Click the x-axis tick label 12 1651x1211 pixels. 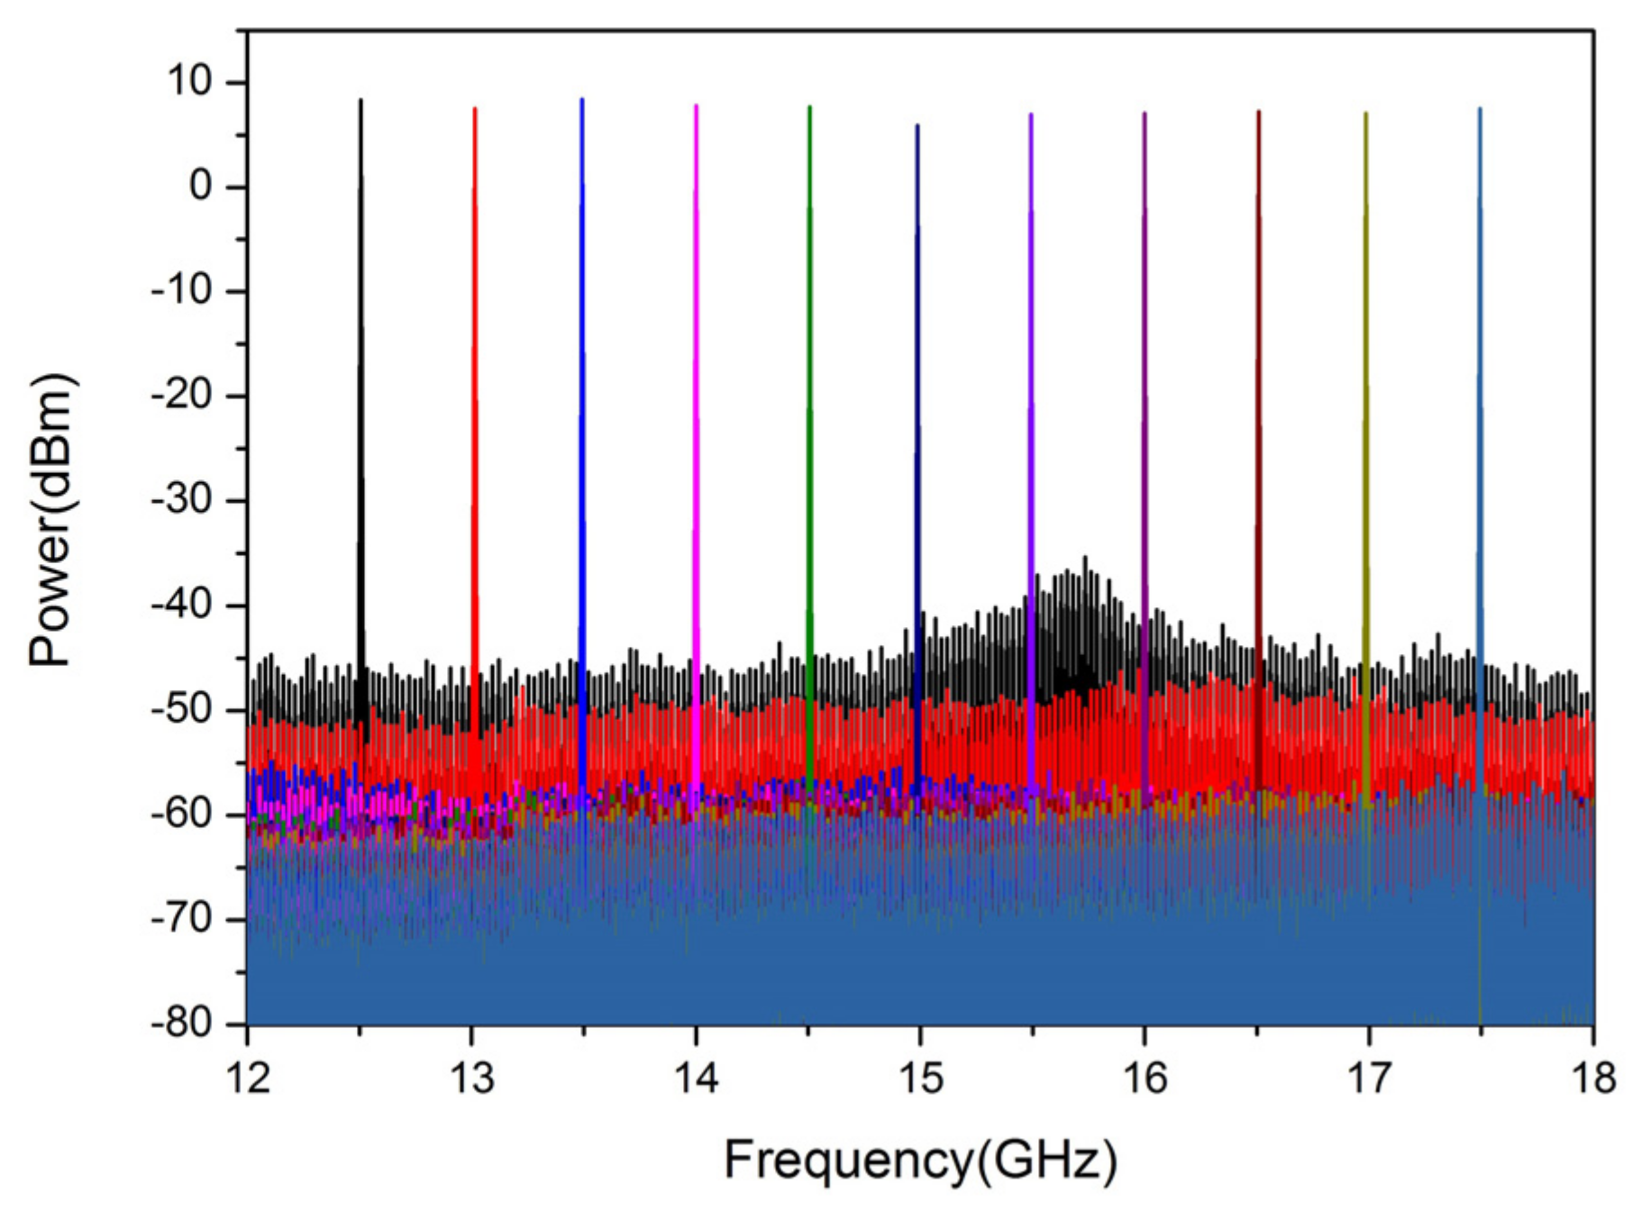(248, 1078)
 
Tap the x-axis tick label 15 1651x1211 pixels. (920, 1078)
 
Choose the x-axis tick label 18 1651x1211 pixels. (1593, 1078)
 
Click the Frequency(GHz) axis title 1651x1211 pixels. (920, 1160)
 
